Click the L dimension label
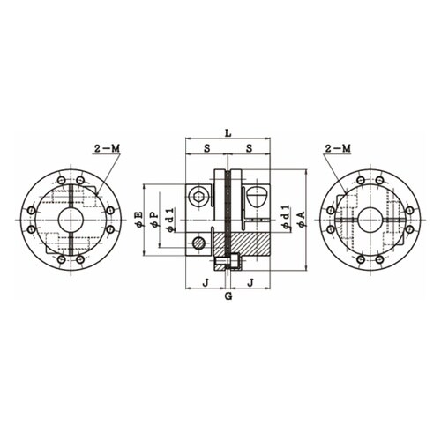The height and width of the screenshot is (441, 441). tap(228, 133)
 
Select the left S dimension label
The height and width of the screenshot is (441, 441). tap(207, 148)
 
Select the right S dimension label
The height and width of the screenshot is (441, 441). tap(249, 148)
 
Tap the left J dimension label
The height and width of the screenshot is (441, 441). tap(206, 282)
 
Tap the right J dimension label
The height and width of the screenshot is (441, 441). tap(250, 282)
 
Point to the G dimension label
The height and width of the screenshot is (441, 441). tap(228, 296)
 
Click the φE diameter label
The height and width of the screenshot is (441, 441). tap(138, 219)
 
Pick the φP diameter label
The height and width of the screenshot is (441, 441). tap(154, 220)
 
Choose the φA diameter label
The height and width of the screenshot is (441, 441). tap(302, 219)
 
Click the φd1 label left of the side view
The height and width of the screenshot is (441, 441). tap(171, 219)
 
